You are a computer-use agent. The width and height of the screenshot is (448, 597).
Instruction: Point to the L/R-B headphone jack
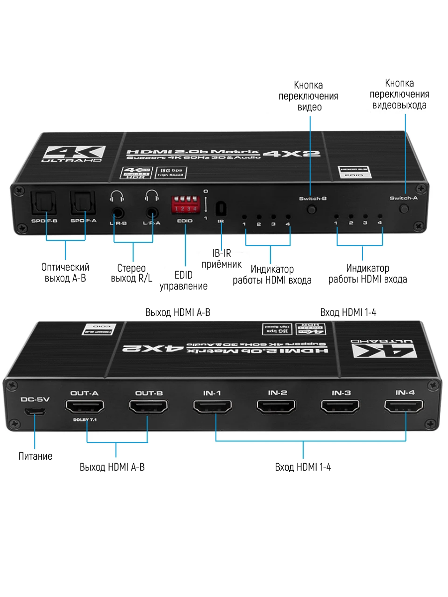click(118, 211)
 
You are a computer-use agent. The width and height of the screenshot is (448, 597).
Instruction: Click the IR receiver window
click(221, 208)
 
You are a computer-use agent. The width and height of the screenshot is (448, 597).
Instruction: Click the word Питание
click(35, 456)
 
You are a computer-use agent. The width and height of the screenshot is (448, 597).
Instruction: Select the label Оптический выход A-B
click(65, 273)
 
